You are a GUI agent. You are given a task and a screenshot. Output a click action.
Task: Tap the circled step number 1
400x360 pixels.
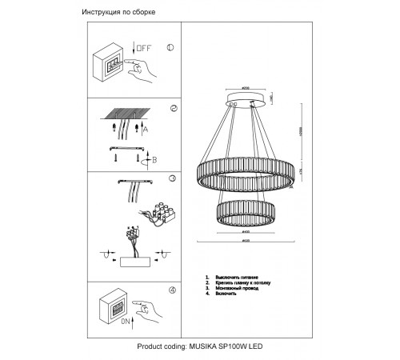170,47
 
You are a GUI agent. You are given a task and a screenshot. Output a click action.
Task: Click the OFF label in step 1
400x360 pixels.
143,49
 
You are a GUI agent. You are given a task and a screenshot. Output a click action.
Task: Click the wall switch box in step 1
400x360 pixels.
112,63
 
